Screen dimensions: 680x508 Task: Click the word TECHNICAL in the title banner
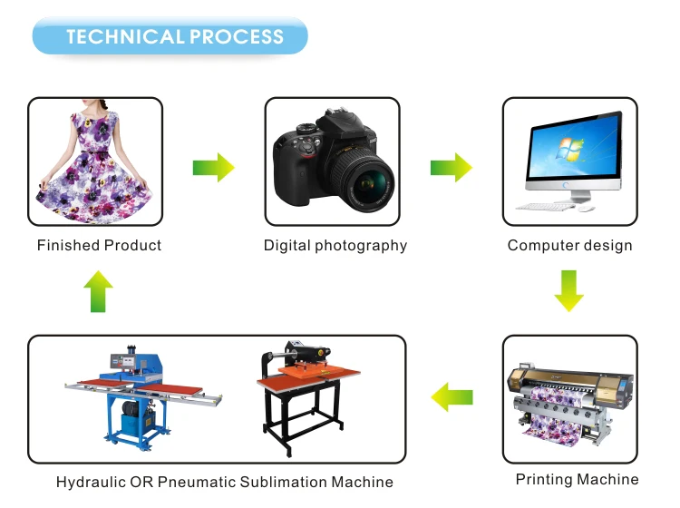pyautogui.click(x=125, y=36)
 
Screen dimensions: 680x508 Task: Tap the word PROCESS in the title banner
pyautogui.click(x=237, y=36)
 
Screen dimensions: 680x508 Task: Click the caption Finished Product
pyautogui.click(x=100, y=245)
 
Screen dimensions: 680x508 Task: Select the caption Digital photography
pyautogui.click(x=335, y=246)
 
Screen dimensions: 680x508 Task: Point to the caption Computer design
pyautogui.click(x=570, y=246)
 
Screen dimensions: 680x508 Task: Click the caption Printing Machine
pyautogui.click(x=578, y=479)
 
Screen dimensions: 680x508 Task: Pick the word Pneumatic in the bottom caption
pyautogui.click(x=197, y=482)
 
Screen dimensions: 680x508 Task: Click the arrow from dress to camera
pyautogui.click(x=213, y=168)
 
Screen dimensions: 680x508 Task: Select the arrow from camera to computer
pyautogui.click(x=451, y=168)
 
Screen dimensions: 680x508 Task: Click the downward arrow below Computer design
pyautogui.click(x=569, y=290)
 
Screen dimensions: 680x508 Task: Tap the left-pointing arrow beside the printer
pyautogui.click(x=452, y=397)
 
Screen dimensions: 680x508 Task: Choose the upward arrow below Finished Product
pyautogui.click(x=99, y=291)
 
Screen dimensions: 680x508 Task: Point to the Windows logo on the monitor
pyautogui.click(x=570, y=149)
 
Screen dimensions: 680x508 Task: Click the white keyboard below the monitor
pyautogui.click(x=545, y=208)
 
